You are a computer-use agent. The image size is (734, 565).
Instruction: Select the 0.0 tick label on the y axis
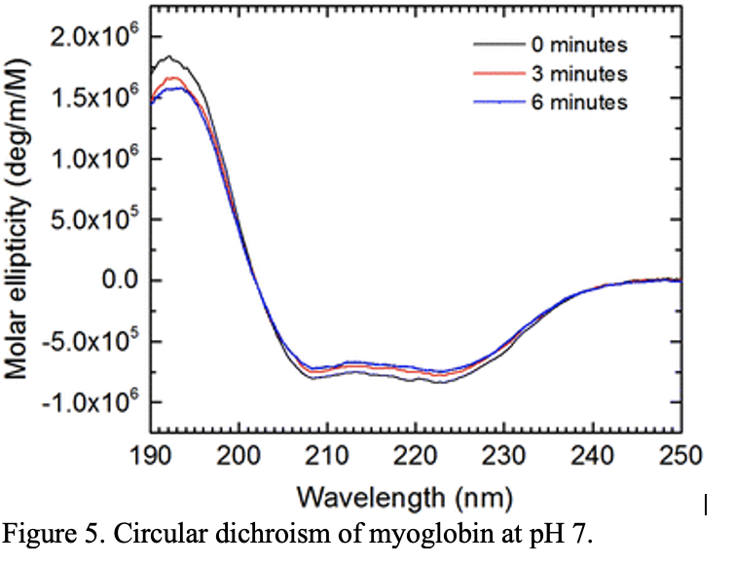[x=119, y=281]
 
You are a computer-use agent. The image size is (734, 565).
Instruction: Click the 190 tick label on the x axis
[x=150, y=453]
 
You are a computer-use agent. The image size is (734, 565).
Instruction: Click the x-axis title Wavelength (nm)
[x=415, y=495]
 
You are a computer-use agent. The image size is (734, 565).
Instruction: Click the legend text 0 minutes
[x=578, y=45]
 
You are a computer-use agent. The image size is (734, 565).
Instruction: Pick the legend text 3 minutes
[x=578, y=73]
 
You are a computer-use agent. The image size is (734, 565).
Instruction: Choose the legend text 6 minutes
[x=578, y=101]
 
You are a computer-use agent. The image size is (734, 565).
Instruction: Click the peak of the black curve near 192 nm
[x=169, y=56]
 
